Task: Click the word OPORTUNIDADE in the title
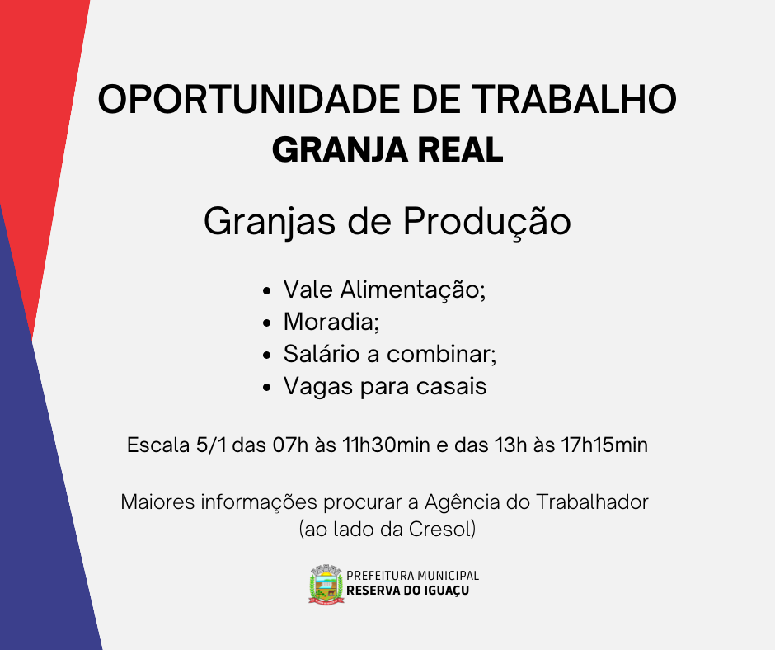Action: point(249,99)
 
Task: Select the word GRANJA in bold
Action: point(340,150)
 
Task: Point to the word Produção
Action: point(486,222)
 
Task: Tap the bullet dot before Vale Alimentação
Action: point(267,291)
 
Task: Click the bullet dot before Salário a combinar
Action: point(267,356)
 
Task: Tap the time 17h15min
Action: point(604,445)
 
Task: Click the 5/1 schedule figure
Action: point(211,445)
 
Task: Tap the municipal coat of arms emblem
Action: point(326,584)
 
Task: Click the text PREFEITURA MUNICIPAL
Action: point(413,575)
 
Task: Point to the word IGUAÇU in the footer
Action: point(446,591)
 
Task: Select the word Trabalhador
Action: point(592,502)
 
